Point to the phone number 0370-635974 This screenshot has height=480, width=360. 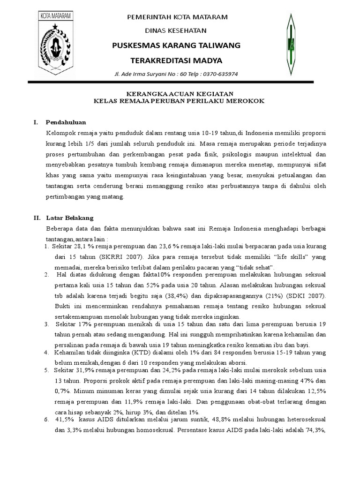(221, 74)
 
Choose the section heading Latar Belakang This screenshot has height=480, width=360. (70, 218)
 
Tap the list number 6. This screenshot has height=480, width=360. (46, 419)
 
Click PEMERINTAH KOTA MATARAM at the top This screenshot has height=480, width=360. (174, 17)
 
